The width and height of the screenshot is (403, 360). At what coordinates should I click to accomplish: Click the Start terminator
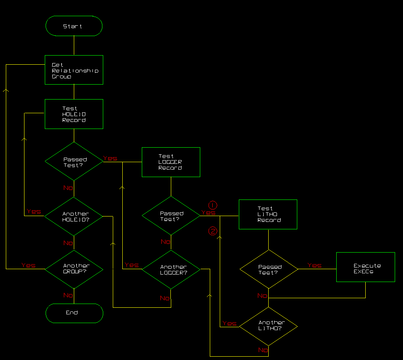click(x=74, y=26)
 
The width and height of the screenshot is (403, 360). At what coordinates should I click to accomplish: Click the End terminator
click(x=74, y=313)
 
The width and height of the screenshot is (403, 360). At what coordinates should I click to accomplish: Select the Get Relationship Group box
click(x=74, y=70)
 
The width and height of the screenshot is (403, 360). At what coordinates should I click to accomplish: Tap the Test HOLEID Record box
click(x=74, y=114)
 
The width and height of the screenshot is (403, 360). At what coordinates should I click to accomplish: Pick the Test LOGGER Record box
click(x=171, y=162)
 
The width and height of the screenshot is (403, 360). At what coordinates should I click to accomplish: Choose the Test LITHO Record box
click(x=268, y=214)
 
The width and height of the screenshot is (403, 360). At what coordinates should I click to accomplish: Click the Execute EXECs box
click(x=365, y=267)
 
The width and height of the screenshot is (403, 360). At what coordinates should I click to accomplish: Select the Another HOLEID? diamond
click(x=74, y=216)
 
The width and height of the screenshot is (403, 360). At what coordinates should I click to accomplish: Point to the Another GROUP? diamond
click(x=74, y=269)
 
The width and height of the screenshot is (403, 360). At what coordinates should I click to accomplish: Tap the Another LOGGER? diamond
click(x=171, y=270)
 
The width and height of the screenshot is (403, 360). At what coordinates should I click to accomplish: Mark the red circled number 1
click(x=212, y=205)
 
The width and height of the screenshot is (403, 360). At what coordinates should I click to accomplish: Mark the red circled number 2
click(x=212, y=231)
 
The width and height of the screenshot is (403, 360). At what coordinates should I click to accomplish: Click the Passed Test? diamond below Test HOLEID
click(x=74, y=162)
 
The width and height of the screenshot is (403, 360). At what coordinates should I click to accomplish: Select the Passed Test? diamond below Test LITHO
click(x=269, y=270)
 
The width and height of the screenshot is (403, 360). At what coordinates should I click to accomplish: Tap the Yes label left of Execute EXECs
click(x=314, y=265)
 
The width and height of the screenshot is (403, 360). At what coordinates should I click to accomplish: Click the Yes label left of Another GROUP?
click(x=28, y=265)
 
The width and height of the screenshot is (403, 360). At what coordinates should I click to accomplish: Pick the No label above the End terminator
click(x=68, y=295)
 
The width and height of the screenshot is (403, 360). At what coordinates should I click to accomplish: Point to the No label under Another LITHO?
click(x=263, y=350)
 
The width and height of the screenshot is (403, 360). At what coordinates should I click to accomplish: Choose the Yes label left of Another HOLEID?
click(x=34, y=212)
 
